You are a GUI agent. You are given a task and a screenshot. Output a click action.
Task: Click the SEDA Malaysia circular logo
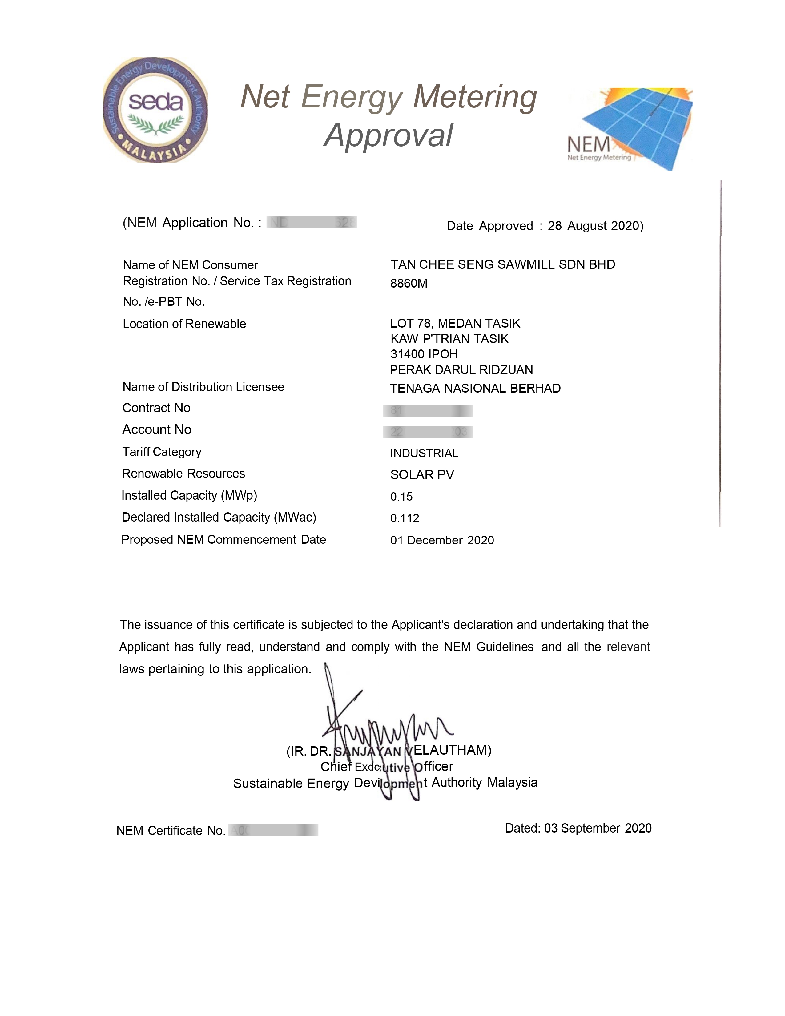155,110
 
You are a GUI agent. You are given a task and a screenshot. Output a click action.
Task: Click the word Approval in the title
388,135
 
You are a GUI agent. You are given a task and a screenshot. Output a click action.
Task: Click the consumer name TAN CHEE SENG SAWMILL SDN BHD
503,265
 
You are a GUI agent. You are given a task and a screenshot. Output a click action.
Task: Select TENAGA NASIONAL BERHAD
475,389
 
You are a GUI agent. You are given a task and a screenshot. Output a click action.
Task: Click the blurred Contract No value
428,411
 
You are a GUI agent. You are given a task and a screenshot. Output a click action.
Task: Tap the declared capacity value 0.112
405,518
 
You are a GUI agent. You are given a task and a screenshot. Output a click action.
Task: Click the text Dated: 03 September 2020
578,828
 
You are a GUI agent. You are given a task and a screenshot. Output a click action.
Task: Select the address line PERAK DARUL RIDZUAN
461,370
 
